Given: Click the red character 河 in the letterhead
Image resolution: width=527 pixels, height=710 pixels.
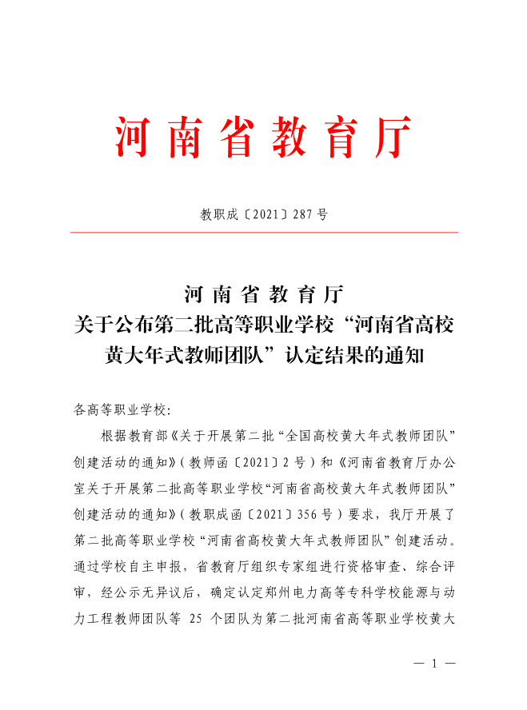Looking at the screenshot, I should point(132,138).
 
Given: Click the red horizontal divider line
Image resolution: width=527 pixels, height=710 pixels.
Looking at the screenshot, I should point(264,233).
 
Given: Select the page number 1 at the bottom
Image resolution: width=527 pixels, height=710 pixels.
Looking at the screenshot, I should point(436,664).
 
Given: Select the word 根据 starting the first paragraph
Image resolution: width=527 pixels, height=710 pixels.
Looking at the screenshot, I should point(114,436).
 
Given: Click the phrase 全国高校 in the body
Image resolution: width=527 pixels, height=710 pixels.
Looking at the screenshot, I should point(299,436).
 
